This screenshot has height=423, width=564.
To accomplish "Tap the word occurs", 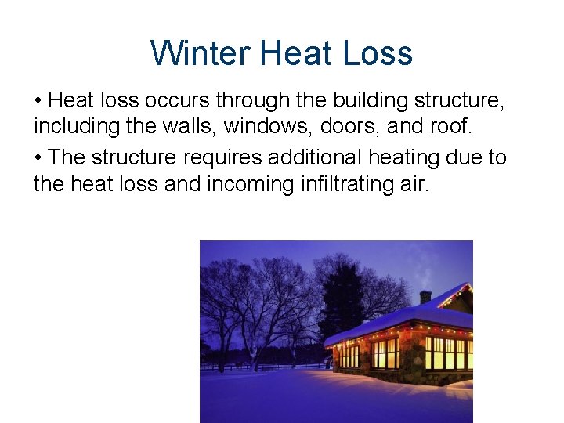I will (176, 100).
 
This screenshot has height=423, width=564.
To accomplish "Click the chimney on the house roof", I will (425, 297).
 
